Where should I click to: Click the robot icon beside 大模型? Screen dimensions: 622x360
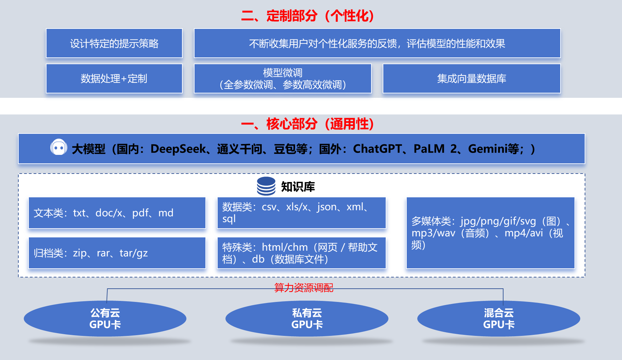point(58,148)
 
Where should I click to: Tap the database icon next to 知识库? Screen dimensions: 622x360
point(266,186)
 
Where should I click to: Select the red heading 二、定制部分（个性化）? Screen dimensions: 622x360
point(308,16)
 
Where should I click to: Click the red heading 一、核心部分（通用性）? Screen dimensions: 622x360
point(308,124)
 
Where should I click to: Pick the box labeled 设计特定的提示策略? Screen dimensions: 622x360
point(114,43)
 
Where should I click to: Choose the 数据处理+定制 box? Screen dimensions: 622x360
point(114,78)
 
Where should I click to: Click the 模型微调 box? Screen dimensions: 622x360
point(282,78)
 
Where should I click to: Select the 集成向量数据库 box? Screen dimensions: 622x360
point(471,78)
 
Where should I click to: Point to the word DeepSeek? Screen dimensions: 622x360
point(178,149)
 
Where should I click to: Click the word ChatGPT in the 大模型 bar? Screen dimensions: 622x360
point(377,149)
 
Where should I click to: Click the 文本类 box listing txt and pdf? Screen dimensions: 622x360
point(117,213)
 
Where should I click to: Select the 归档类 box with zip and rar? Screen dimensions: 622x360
point(117,253)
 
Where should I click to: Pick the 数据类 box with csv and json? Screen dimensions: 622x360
point(301,213)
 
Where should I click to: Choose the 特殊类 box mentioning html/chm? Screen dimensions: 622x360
point(301,253)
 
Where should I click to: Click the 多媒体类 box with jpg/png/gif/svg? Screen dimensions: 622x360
point(490,233)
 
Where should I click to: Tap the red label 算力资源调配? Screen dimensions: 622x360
point(304,288)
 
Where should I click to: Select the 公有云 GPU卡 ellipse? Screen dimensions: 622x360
point(105,319)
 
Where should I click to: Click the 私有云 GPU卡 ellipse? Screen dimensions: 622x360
point(307,319)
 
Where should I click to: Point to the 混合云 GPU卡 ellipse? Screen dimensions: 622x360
point(498,319)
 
